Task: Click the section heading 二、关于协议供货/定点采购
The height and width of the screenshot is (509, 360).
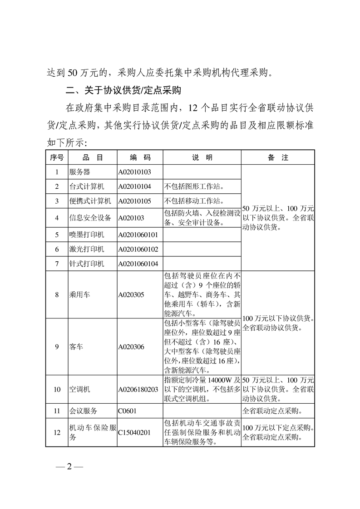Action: tap(123, 90)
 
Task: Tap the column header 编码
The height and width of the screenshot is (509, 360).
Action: tap(140, 157)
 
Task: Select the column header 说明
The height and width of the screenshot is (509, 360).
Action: tap(202, 157)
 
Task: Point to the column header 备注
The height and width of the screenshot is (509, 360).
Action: tap(278, 157)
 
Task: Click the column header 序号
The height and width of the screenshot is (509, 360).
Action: tap(57, 157)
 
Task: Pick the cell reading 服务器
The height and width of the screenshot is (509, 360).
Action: tap(80, 172)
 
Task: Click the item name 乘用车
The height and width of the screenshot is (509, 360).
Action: tap(80, 294)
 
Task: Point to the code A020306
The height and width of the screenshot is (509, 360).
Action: tap(131, 347)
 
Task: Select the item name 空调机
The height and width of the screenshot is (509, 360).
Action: tap(80, 389)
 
